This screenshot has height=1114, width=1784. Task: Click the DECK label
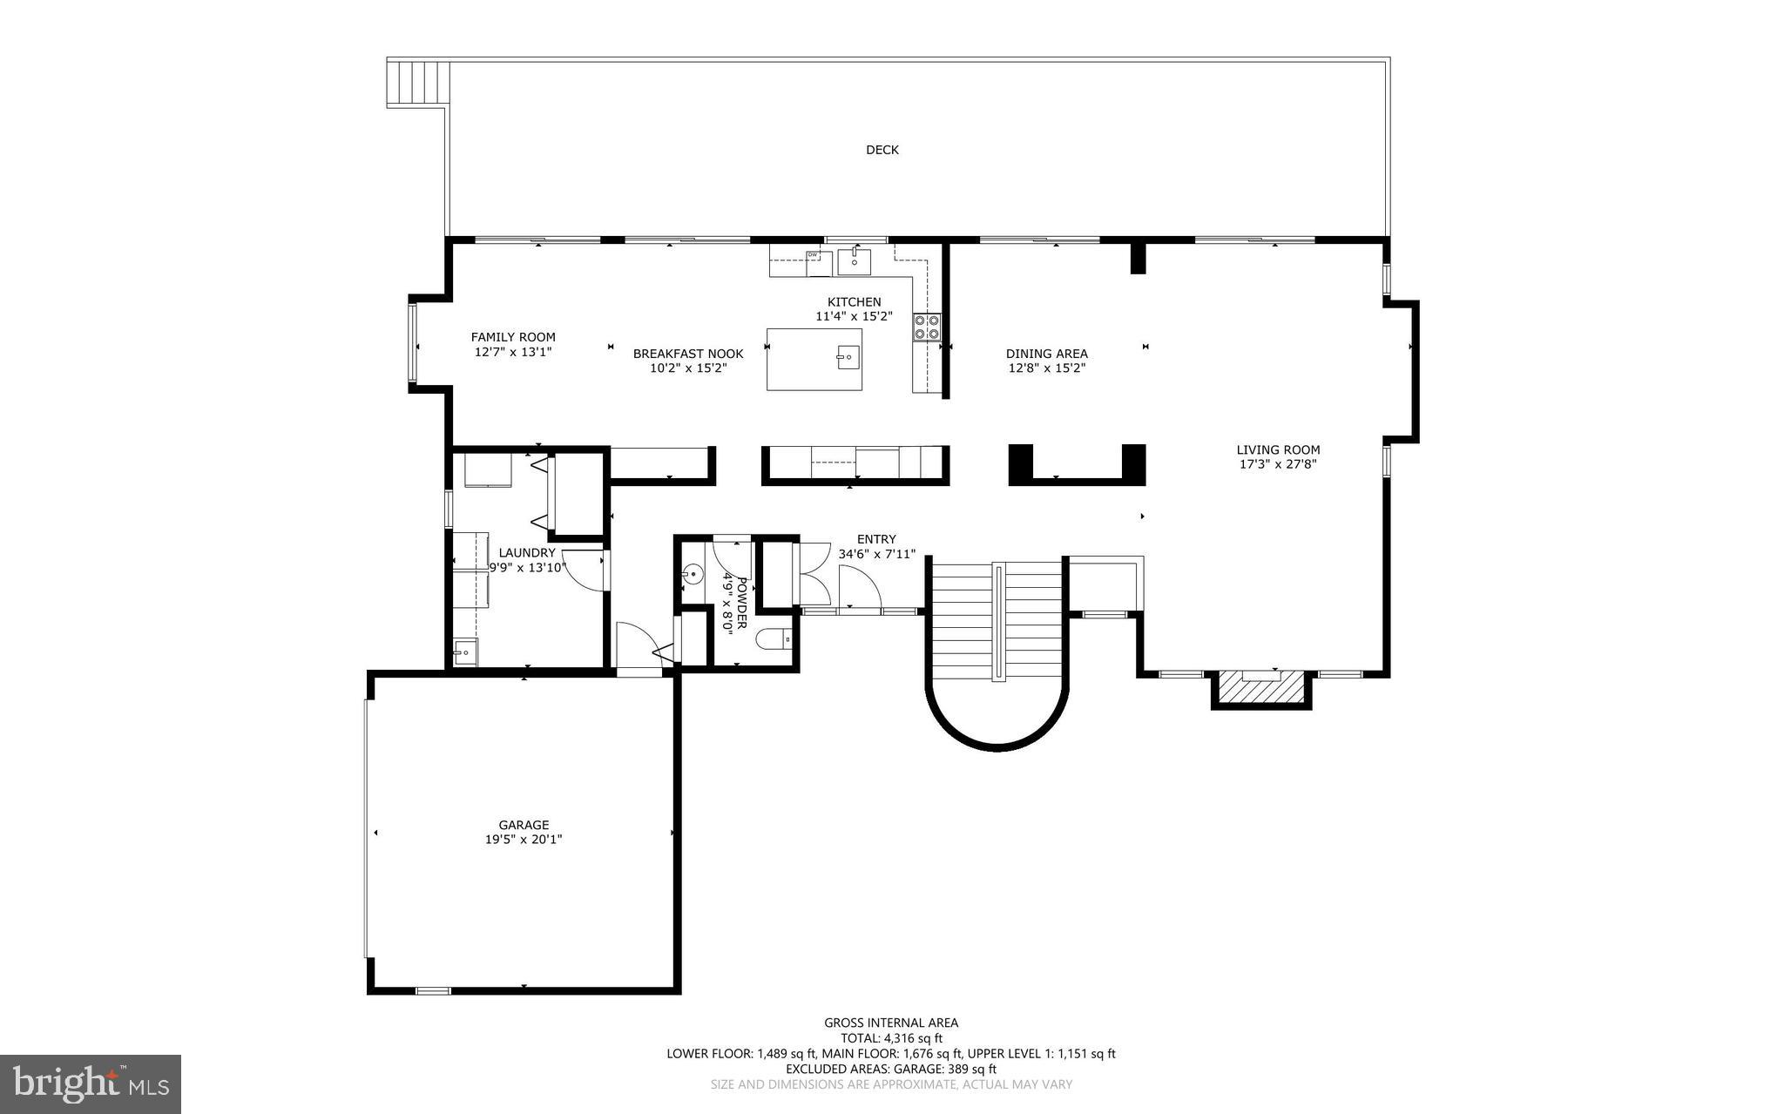pos(882,150)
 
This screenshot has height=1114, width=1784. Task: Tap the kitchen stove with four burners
pos(927,327)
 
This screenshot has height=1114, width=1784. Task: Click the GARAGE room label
pos(524,825)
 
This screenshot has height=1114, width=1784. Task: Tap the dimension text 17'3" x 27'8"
pos(1278,464)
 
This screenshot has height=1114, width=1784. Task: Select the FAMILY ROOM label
pos(513,337)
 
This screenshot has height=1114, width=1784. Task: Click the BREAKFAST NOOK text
pos(688,354)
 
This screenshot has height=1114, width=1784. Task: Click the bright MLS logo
pos(91,1084)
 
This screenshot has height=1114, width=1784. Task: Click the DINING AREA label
pos(1046,354)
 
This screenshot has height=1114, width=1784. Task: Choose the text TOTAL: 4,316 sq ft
pos(891,1038)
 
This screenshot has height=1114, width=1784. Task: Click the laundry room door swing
pos(584,569)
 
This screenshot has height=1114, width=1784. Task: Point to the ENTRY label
pos(875,539)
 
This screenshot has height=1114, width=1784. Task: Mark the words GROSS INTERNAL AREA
pos(891,1023)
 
